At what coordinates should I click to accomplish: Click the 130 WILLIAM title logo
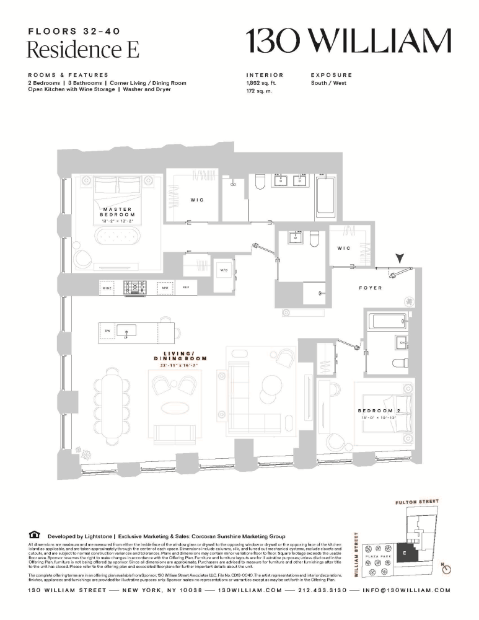click(348, 42)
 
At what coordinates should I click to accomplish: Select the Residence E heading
click(83, 49)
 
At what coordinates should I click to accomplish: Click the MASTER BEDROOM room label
click(118, 212)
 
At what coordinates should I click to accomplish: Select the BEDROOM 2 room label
click(378, 410)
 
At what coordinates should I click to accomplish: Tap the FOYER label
click(371, 288)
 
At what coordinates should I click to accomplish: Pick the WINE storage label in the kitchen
click(107, 288)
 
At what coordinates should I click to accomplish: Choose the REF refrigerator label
click(185, 288)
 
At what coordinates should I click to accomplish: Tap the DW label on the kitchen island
click(107, 330)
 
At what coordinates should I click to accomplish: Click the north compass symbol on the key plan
click(446, 569)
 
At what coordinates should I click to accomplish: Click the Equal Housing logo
click(33, 535)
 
